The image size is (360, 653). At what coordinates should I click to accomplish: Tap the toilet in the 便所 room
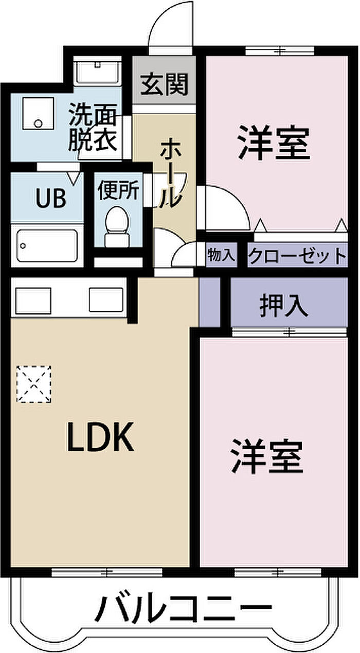pos(116,226)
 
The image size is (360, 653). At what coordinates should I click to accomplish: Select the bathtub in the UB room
pos(47,246)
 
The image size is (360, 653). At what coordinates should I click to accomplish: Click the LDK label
pos(100,437)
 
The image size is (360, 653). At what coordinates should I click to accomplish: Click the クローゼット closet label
pos(297,255)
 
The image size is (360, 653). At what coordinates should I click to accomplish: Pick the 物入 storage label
pos(221,255)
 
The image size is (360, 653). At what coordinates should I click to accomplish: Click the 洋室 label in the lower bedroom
pos(266,456)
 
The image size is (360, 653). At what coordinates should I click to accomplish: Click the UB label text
pos(50,198)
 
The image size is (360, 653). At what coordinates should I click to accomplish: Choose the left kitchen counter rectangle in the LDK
pos(33,300)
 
